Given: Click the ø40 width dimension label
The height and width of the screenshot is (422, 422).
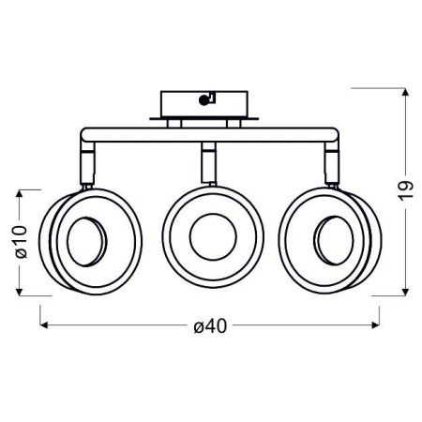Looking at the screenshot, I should pyautogui.click(x=210, y=326).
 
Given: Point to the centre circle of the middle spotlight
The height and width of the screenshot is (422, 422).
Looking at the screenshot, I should pyautogui.click(x=206, y=239).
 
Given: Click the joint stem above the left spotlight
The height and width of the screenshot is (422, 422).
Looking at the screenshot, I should pyautogui.click(x=86, y=163).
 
